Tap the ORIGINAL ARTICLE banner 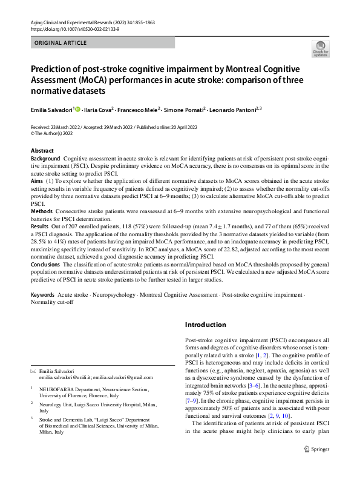(x=61, y=43)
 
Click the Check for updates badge (x=319, y=48)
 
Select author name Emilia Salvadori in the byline (x=51, y=110)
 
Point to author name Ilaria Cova (x=97, y=110)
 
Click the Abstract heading (x=42, y=150)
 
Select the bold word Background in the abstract (x=45, y=158)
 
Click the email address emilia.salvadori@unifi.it (x=62, y=377)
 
